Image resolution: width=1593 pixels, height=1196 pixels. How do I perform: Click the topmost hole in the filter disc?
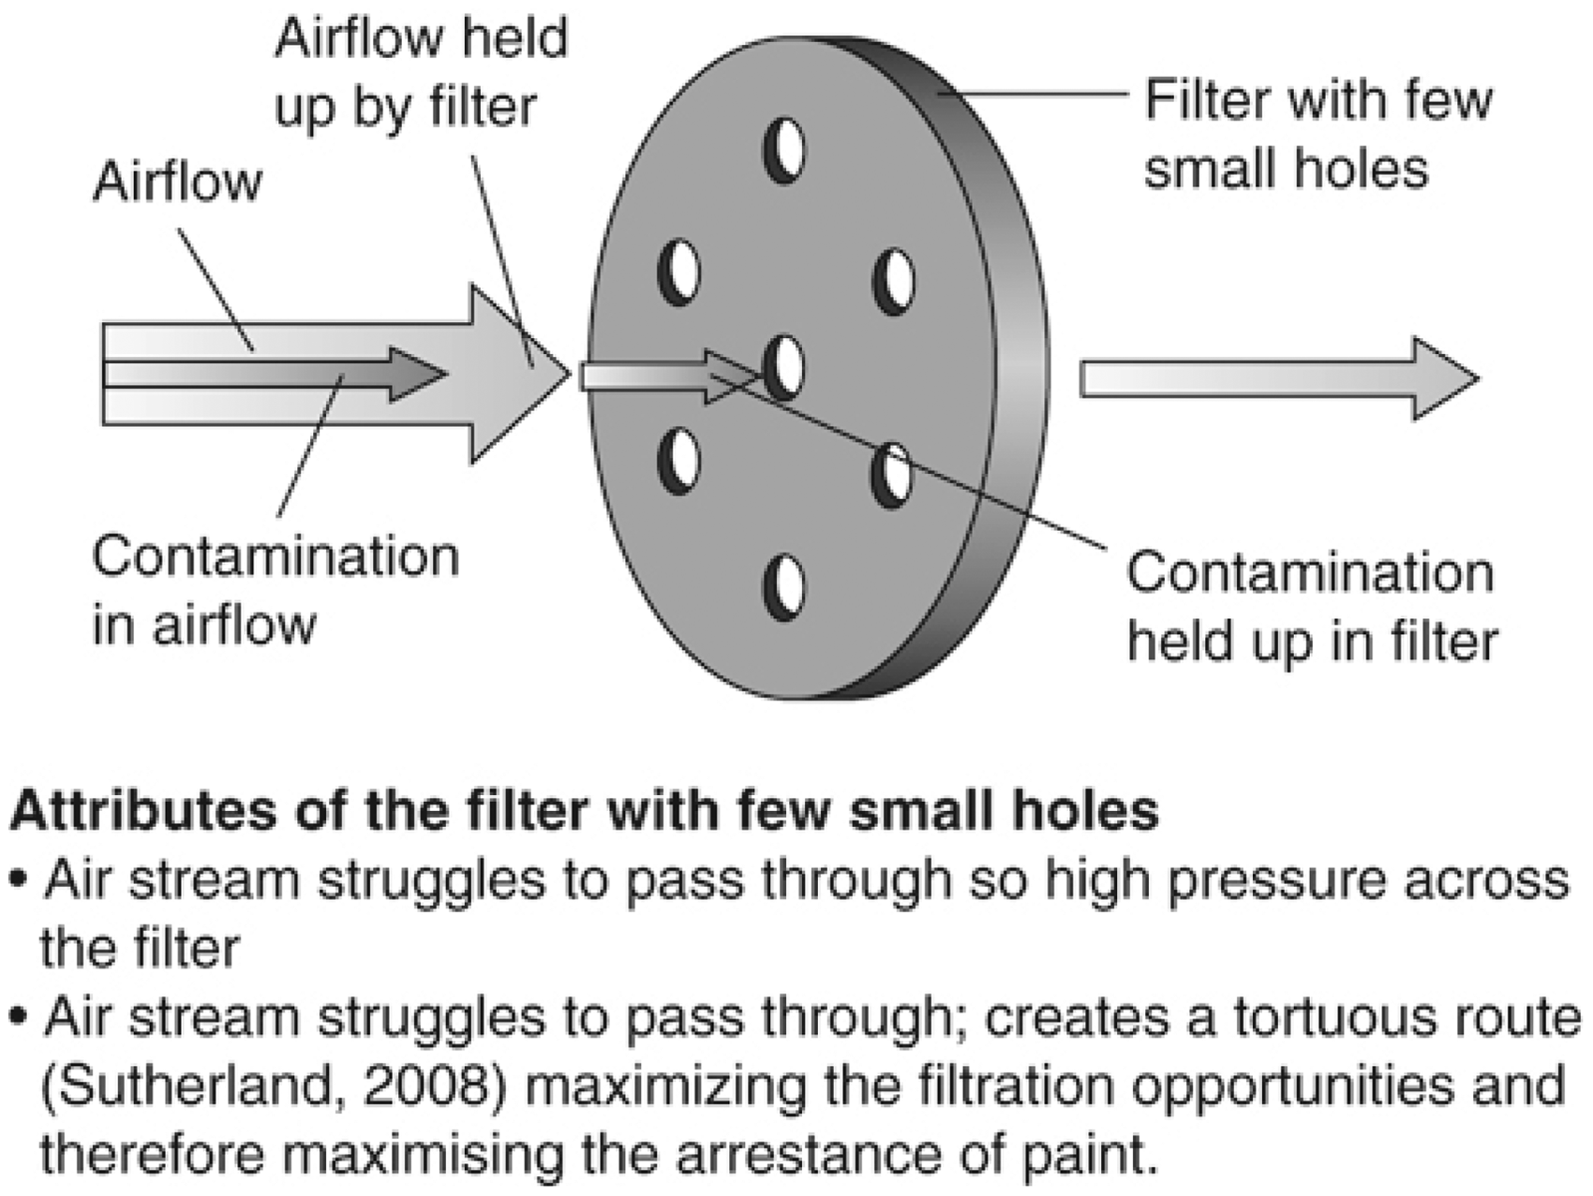(x=784, y=150)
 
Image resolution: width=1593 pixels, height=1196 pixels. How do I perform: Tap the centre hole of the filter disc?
(x=785, y=368)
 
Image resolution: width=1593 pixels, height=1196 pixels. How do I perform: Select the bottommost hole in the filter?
(x=784, y=586)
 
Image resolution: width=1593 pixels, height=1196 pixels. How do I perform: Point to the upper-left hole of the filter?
(x=679, y=273)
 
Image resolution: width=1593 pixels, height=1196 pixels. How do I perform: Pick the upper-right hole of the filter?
(x=894, y=280)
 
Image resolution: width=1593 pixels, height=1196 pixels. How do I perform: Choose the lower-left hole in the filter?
(x=679, y=460)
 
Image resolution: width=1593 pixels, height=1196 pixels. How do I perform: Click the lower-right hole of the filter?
(x=892, y=476)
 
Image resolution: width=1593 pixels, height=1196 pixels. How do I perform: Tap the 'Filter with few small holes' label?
(x=1318, y=135)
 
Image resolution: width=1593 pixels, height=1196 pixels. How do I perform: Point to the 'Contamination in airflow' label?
(x=275, y=590)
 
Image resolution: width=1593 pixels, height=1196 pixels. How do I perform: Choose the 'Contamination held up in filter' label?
(x=1312, y=607)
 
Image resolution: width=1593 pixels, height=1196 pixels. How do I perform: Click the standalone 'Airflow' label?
(x=177, y=182)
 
